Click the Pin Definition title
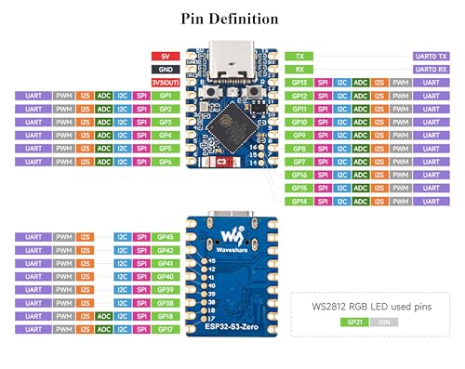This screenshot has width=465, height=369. tap(232, 18)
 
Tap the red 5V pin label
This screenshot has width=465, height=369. tap(164, 56)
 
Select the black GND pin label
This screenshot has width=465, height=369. tap(164, 69)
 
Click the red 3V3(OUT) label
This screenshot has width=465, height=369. tap(164, 82)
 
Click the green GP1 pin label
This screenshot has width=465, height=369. tap(164, 96)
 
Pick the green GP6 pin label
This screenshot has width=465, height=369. tap(164, 162)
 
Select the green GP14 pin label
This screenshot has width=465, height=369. tap(299, 201)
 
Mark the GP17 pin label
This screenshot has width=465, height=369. tap(164, 328)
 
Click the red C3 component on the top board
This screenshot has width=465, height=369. tap(221, 163)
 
